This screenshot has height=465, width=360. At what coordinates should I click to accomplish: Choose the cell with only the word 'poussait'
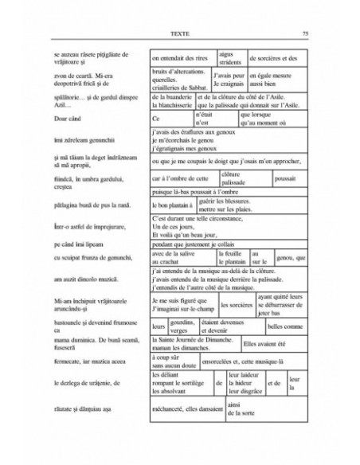pos(284,180)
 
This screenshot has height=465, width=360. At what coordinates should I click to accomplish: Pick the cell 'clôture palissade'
pos(240,180)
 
